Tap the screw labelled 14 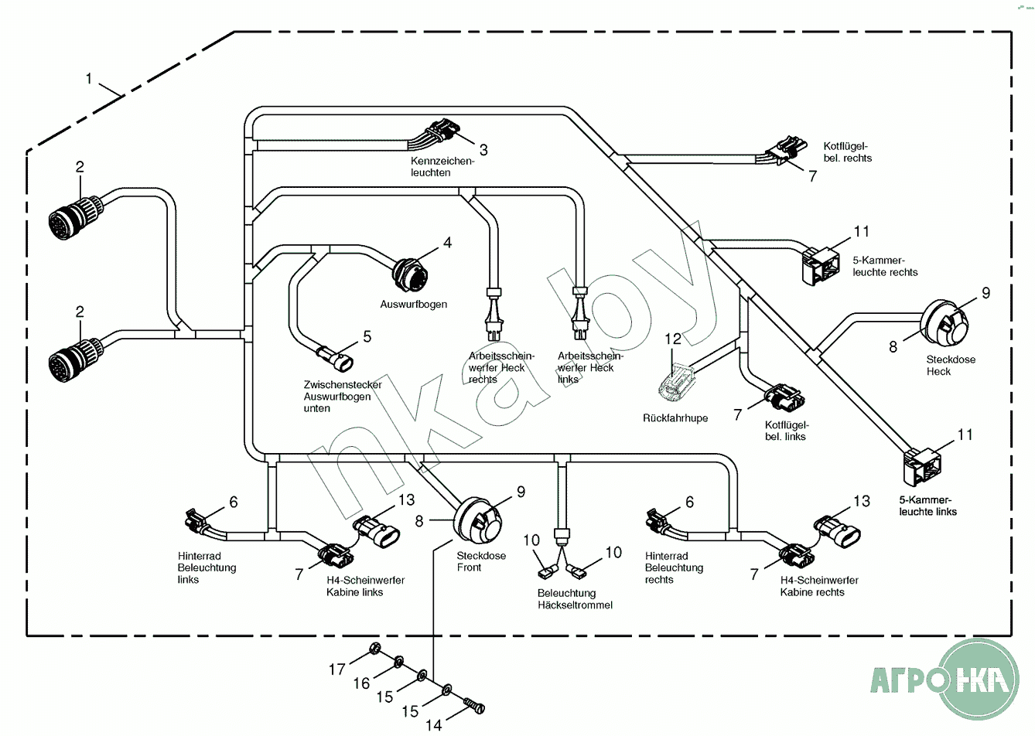(473, 704)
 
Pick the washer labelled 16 (399, 662)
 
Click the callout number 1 (89, 78)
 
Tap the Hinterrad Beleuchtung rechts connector (657, 522)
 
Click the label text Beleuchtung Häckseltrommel (575, 599)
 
